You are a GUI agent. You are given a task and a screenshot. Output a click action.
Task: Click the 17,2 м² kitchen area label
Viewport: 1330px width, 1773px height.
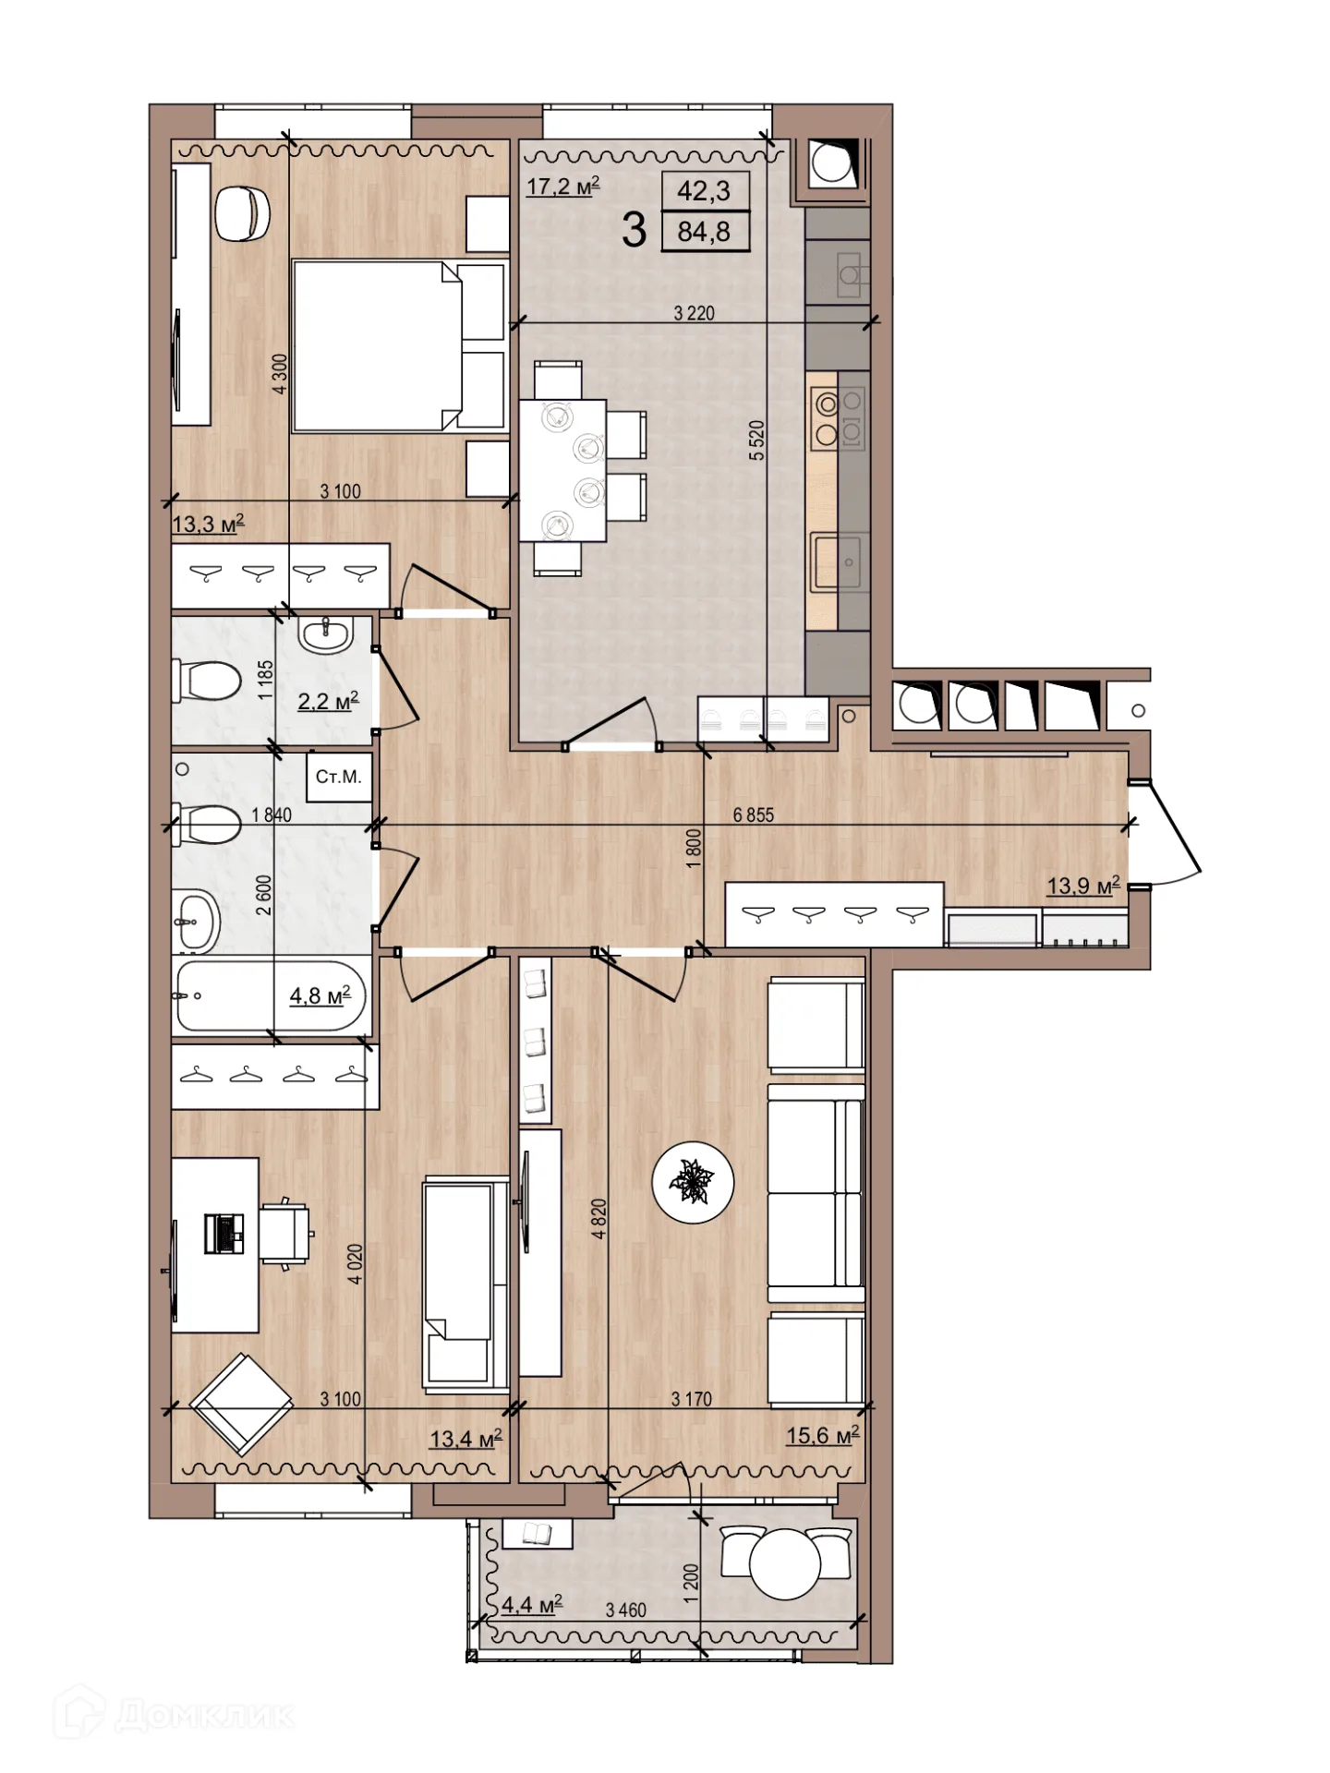click(562, 187)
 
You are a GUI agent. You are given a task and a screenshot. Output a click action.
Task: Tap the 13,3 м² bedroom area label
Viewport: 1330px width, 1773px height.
click(208, 525)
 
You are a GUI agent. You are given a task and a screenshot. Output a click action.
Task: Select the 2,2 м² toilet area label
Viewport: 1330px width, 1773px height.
click(328, 702)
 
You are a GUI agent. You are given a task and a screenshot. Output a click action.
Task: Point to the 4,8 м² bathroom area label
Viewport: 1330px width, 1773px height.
click(320, 995)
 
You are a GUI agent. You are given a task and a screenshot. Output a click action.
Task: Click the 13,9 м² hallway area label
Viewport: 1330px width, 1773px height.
click(1083, 886)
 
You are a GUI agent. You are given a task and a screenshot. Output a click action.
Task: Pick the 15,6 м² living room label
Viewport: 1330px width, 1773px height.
click(823, 1435)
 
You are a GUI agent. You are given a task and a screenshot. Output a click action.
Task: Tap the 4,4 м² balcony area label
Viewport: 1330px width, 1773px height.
click(532, 1605)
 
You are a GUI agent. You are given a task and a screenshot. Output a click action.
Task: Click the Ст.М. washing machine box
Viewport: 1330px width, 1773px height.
click(338, 778)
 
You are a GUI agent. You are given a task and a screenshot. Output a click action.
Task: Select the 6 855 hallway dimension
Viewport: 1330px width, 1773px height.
click(754, 815)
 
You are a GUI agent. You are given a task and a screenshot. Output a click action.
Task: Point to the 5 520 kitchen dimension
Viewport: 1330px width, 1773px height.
click(757, 440)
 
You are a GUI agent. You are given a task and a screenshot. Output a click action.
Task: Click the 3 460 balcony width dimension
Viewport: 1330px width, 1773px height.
click(626, 1610)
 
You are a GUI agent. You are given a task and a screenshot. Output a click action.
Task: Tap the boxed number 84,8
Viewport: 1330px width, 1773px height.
click(704, 232)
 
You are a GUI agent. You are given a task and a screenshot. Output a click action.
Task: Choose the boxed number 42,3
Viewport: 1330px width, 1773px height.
click(704, 191)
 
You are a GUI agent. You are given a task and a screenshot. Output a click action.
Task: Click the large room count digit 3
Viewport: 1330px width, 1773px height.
click(634, 229)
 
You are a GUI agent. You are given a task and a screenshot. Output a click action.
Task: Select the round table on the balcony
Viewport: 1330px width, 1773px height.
click(785, 1564)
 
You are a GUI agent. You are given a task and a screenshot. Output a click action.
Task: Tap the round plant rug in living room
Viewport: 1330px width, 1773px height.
click(693, 1183)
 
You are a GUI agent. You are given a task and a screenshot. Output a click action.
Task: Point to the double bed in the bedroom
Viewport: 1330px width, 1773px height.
click(400, 345)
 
